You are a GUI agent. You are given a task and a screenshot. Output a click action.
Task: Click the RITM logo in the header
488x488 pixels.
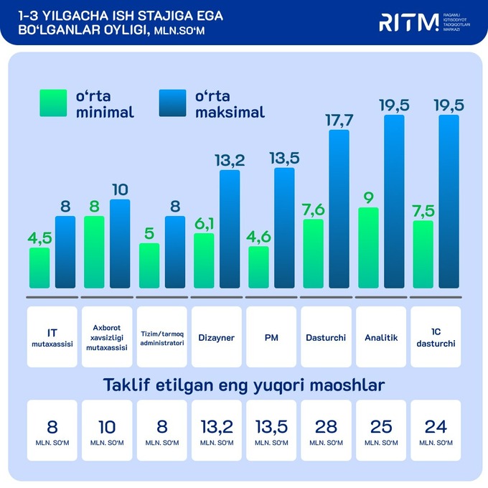(x=408, y=22)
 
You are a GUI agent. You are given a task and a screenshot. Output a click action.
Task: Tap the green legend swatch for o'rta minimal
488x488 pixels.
(x=52, y=103)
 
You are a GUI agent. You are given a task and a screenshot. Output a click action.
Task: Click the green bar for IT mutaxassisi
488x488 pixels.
(x=39, y=268)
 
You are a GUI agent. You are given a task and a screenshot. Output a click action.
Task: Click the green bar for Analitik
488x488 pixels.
(x=368, y=248)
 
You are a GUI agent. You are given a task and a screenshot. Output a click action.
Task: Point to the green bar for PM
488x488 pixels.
(x=258, y=268)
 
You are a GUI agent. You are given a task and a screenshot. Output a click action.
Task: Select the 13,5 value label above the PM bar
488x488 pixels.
(x=284, y=157)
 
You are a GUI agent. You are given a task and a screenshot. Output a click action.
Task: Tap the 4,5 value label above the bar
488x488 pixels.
(x=39, y=237)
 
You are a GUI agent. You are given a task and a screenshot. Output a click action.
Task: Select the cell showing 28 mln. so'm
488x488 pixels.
(x=326, y=431)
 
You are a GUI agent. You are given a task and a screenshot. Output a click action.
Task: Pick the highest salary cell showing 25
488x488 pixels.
(x=380, y=431)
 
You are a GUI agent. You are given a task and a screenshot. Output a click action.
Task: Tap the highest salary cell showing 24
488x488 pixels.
(x=435, y=431)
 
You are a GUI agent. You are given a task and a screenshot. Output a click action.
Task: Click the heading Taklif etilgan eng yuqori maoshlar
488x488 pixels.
(x=244, y=385)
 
